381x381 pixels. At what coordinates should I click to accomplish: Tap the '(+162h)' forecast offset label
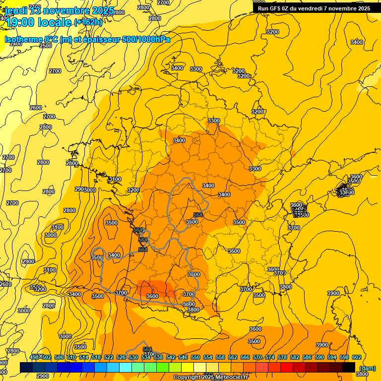click(88, 22)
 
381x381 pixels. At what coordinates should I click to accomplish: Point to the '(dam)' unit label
click(367, 368)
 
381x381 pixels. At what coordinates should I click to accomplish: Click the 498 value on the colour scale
click(34, 358)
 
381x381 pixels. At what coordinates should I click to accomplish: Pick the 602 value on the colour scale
click(356, 358)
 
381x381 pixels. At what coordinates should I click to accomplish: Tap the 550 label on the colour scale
click(195, 358)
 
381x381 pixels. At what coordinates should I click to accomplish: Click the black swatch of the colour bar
click(349, 367)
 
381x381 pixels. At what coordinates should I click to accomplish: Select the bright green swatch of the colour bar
click(163, 367)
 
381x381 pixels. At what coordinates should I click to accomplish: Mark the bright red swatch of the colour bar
click(287, 367)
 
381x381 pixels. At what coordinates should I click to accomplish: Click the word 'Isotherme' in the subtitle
click(23, 39)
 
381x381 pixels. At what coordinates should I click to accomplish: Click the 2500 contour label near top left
click(46, 46)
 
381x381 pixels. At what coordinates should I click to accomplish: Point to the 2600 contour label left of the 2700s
click(36, 108)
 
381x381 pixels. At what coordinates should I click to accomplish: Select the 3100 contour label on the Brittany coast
click(115, 179)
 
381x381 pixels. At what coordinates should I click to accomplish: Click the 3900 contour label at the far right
click(333, 293)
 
